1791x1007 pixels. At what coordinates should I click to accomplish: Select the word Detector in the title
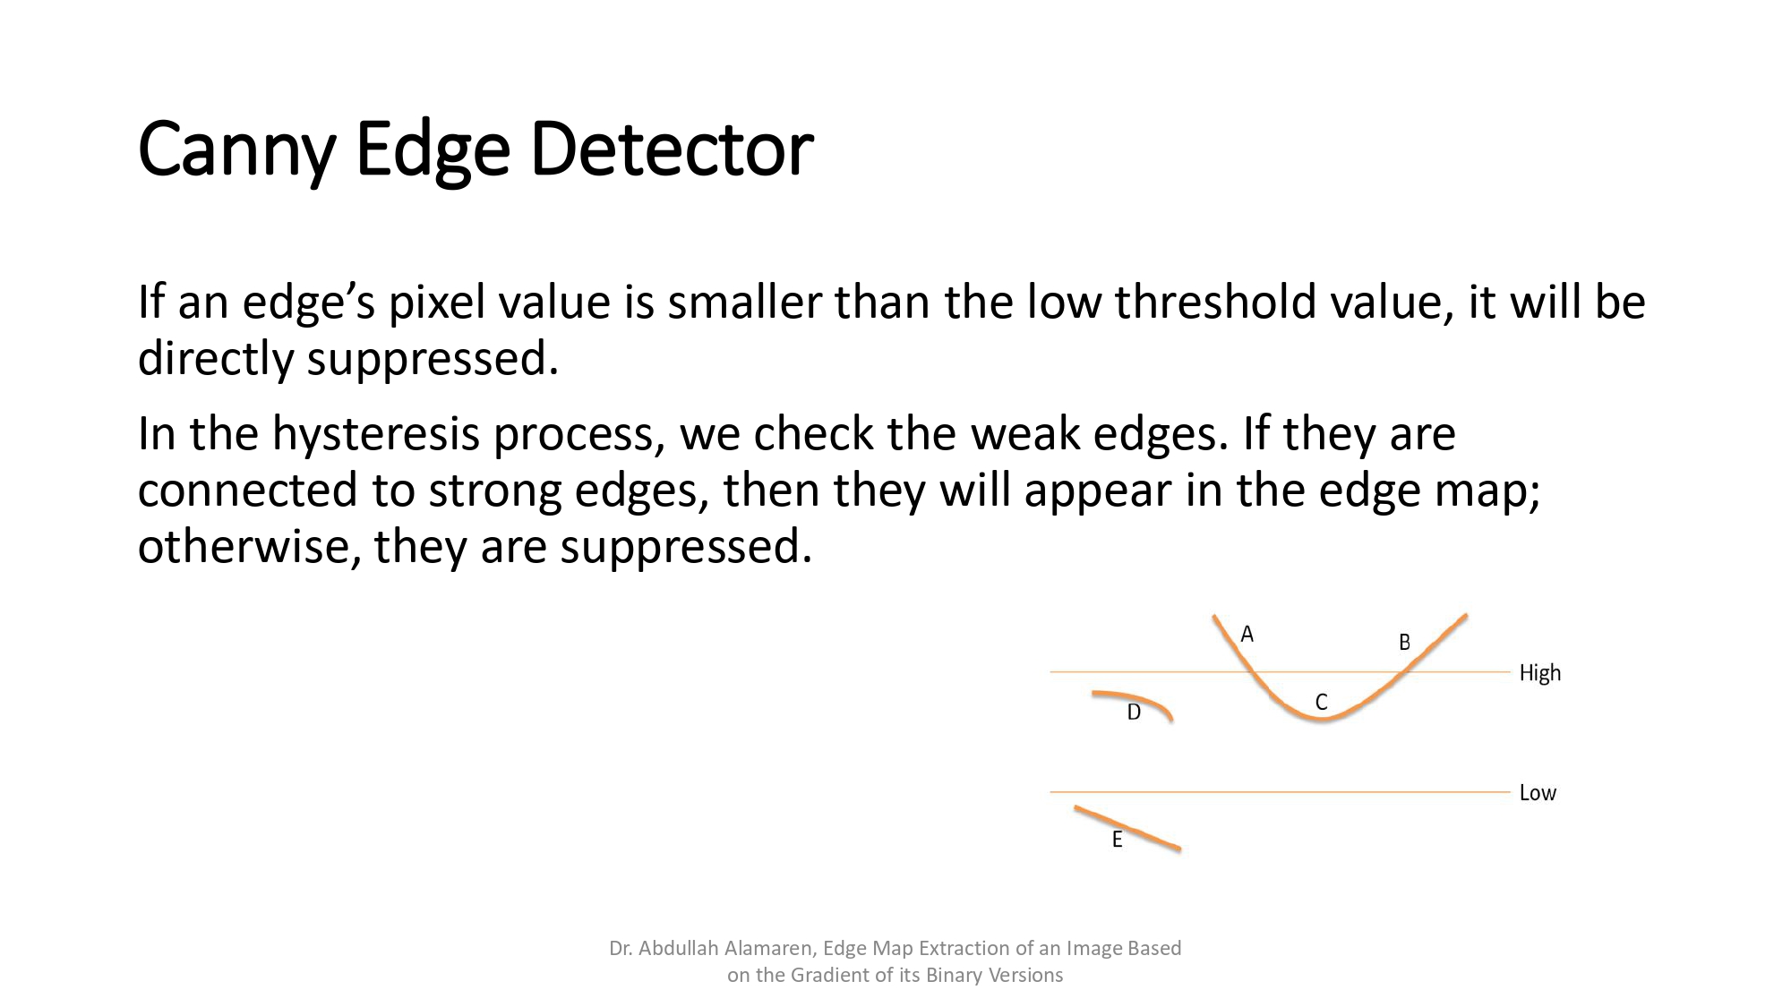click(x=671, y=149)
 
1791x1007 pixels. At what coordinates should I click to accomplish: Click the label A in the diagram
click(x=1247, y=635)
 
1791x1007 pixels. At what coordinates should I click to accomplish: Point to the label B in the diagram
click(x=1404, y=642)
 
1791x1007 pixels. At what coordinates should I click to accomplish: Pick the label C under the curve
click(x=1321, y=702)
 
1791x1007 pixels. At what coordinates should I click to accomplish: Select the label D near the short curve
click(x=1134, y=713)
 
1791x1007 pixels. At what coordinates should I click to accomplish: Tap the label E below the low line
click(x=1117, y=840)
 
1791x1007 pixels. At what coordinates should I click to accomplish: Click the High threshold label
click(x=1539, y=673)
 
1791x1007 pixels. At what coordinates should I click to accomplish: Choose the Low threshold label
click(x=1538, y=793)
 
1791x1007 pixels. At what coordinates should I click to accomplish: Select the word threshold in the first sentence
click(x=1215, y=303)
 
